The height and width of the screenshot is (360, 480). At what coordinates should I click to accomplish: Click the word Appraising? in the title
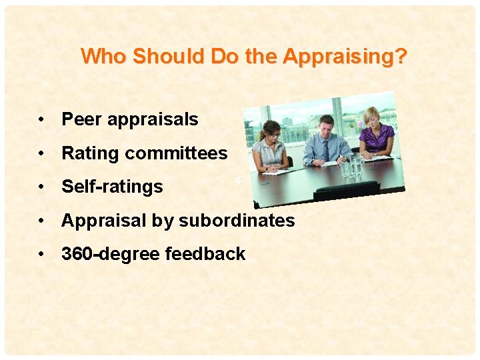click(x=345, y=57)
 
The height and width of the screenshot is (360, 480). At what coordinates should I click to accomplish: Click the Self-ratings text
click(x=112, y=187)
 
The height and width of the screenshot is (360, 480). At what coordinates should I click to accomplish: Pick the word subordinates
click(x=236, y=221)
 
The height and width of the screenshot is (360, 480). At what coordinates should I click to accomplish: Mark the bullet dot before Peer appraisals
click(x=42, y=120)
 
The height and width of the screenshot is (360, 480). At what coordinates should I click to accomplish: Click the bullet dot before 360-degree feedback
click(x=42, y=255)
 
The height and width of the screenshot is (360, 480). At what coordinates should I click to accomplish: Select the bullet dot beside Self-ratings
click(x=42, y=187)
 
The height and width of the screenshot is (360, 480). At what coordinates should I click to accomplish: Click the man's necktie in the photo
click(x=325, y=149)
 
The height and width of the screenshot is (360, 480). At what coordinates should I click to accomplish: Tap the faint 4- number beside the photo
click(x=237, y=181)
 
